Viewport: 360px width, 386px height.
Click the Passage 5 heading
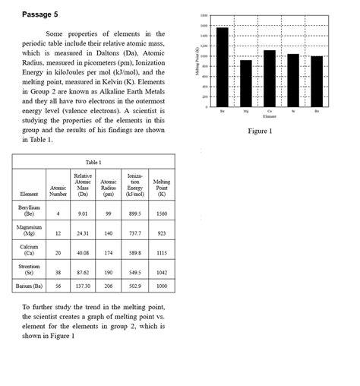(x=39, y=14)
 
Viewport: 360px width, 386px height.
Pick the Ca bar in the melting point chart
(x=270, y=78)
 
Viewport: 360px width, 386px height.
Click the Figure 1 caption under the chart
(x=260, y=131)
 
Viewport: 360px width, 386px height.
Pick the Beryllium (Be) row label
(x=29, y=211)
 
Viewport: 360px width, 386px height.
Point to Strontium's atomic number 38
(x=58, y=272)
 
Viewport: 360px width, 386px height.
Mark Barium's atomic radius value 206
(x=109, y=286)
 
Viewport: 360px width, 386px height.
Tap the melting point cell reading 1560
(x=161, y=214)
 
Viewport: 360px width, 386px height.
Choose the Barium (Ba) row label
(x=29, y=286)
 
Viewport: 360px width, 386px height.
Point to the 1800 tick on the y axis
(x=204, y=15)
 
